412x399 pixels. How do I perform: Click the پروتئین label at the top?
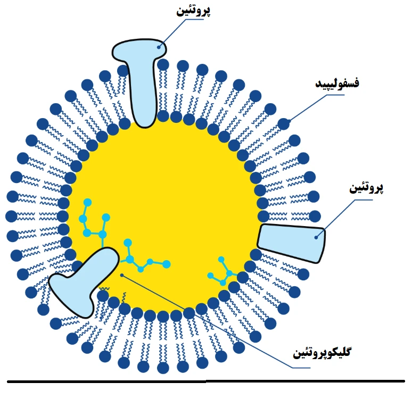pyautogui.click(x=193, y=11)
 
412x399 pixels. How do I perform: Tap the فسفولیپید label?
pyautogui.click(x=337, y=84)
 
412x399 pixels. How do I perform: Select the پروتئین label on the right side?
pyautogui.click(x=366, y=188)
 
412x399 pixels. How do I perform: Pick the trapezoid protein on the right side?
pyautogui.click(x=292, y=243)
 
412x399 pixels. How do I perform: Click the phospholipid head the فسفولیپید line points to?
pyautogui.click(x=284, y=124)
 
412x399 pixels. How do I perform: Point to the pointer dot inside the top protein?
pyautogui.click(x=159, y=47)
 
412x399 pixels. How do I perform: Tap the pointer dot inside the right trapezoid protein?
pyautogui.click(x=316, y=237)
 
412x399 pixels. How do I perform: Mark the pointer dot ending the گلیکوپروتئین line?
pyautogui.click(x=122, y=275)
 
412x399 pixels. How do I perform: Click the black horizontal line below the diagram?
pyautogui.click(x=206, y=381)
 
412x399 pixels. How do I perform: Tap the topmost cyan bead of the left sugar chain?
pyautogui.click(x=87, y=203)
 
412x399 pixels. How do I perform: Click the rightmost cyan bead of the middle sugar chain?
pyautogui.click(x=166, y=264)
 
